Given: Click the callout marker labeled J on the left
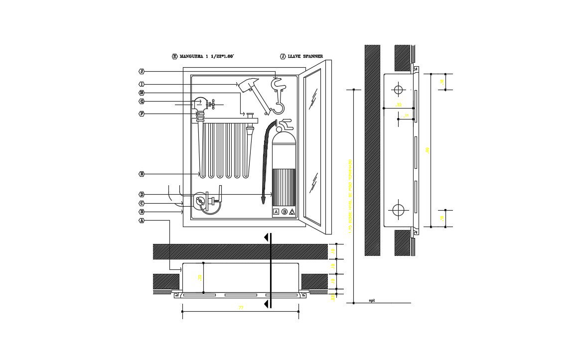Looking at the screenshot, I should coord(142,71).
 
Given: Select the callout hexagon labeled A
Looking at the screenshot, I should coord(142,221).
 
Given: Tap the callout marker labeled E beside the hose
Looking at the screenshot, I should coord(142,174).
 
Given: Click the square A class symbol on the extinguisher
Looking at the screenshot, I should coord(276,212).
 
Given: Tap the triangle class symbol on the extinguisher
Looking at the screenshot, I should coord(292,212).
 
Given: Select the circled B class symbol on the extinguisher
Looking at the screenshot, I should coord(285,212).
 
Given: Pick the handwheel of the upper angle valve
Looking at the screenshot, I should coord(213,105).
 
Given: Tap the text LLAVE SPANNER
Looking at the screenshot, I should coord(305,57).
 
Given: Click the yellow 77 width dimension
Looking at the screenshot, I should coord(241,308).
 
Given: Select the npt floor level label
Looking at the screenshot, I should coord(372,301).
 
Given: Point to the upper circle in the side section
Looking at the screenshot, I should coord(398,90).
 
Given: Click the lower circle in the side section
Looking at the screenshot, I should coord(398,210).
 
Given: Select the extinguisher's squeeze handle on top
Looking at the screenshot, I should coord(286,122).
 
